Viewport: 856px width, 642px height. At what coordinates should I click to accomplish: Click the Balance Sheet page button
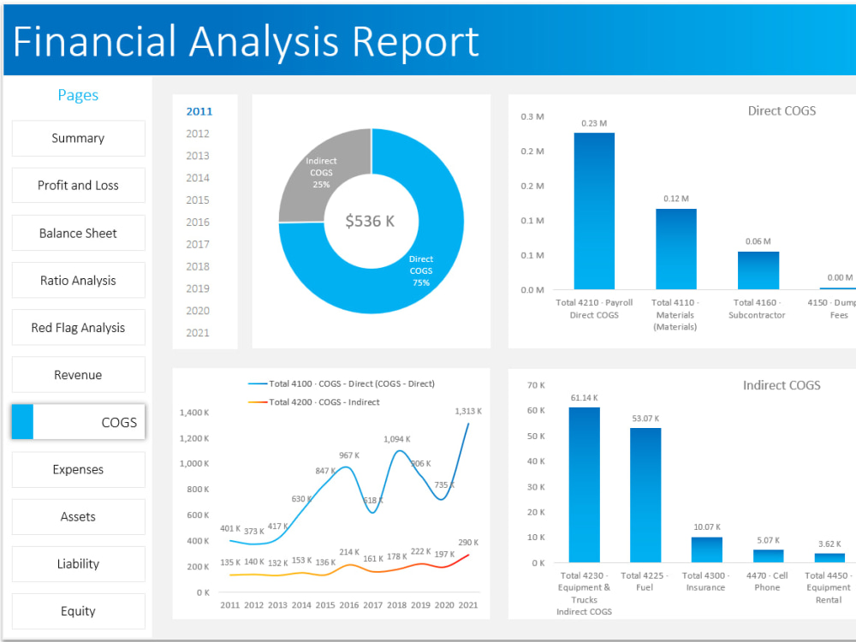78,233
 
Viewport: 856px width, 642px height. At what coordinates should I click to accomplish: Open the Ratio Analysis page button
78,281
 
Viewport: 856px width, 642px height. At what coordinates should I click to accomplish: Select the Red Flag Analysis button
78,328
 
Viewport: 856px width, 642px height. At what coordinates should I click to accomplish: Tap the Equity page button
78,611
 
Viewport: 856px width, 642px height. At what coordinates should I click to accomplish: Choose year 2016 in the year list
198,223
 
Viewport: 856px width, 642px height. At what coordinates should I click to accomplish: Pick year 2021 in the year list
198,333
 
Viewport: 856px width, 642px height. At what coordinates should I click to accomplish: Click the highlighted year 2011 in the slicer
199,111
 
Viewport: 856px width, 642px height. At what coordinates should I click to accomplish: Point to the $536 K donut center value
371,221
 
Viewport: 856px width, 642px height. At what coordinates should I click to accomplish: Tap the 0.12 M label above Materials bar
675,199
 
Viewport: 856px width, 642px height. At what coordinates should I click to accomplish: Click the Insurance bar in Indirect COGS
706,549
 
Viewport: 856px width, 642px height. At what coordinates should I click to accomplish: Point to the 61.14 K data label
584,398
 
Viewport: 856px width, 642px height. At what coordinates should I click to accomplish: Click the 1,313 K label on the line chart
467,411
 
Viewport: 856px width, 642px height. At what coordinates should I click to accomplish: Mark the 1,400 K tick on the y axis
194,413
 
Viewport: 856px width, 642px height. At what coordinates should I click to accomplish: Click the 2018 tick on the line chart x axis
396,605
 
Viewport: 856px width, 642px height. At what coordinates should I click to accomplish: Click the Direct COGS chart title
781,110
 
